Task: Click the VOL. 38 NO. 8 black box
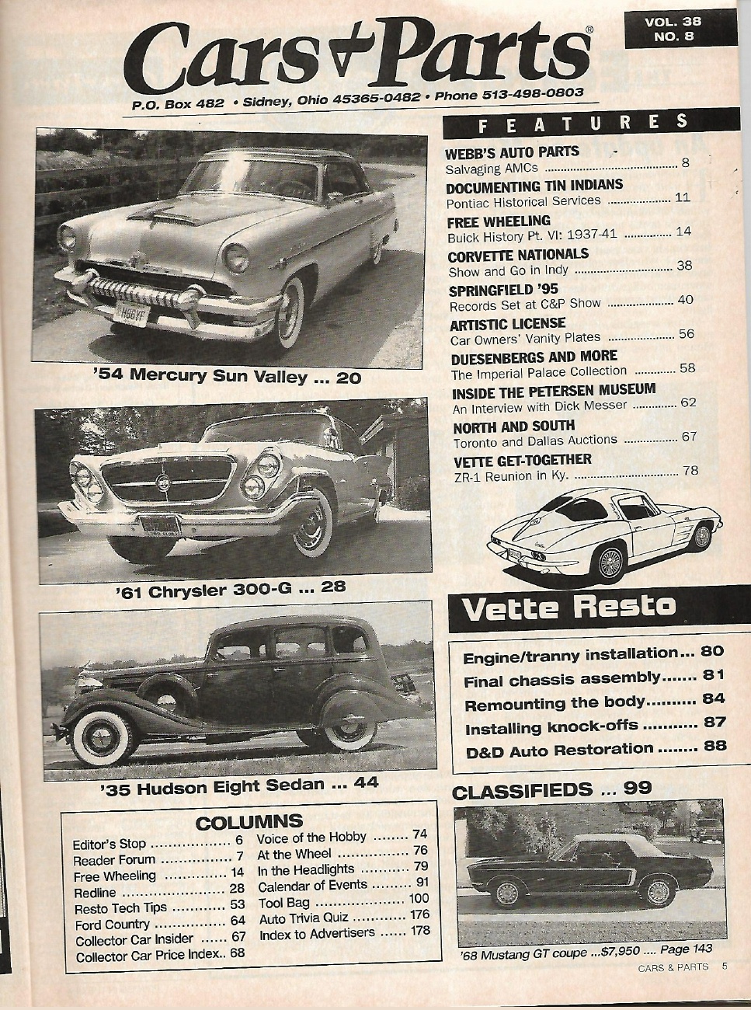[679, 29]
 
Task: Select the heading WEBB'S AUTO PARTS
[513, 151]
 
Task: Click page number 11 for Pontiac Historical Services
[682, 197]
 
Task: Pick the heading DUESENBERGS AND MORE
[534, 357]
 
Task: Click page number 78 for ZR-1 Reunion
[690, 471]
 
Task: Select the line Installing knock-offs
[551, 727]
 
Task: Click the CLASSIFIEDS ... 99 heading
[551, 791]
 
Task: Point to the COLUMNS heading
[249, 821]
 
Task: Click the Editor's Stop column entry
[110, 845]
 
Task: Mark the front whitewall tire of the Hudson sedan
[103, 736]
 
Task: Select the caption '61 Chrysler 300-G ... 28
[231, 589]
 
